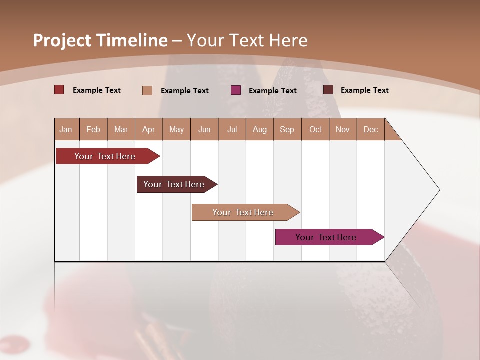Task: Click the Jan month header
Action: pyautogui.click(x=66, y=129)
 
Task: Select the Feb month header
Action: pyautogui.click(x=93, y=129)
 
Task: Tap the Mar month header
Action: pyautogui.click(x=121, y=129)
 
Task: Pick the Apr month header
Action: pyautogui.click(x=149, y=129)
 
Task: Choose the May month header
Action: pyautogui.click(x=176, y=129)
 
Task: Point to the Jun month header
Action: pyautogui.click(x=204, y=129)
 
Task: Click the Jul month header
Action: pyautogui.click(x=232, y=129)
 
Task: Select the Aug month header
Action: pyautogui.click(x=260, y=129)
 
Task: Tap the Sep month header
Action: pyautogui.click(x=287, y=129)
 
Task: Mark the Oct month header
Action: pyautogui.click(x=315, y=129)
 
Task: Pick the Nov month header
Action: pyautogui.click(x=343, y=129)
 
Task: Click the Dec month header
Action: pyautogui.click(x=371, y=129)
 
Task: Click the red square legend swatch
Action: pyautogui.click(x=59, y=90)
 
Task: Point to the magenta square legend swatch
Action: pyautogui.click(x=236, y=90)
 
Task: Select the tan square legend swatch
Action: pyautogui.click(x=147, y=90)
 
